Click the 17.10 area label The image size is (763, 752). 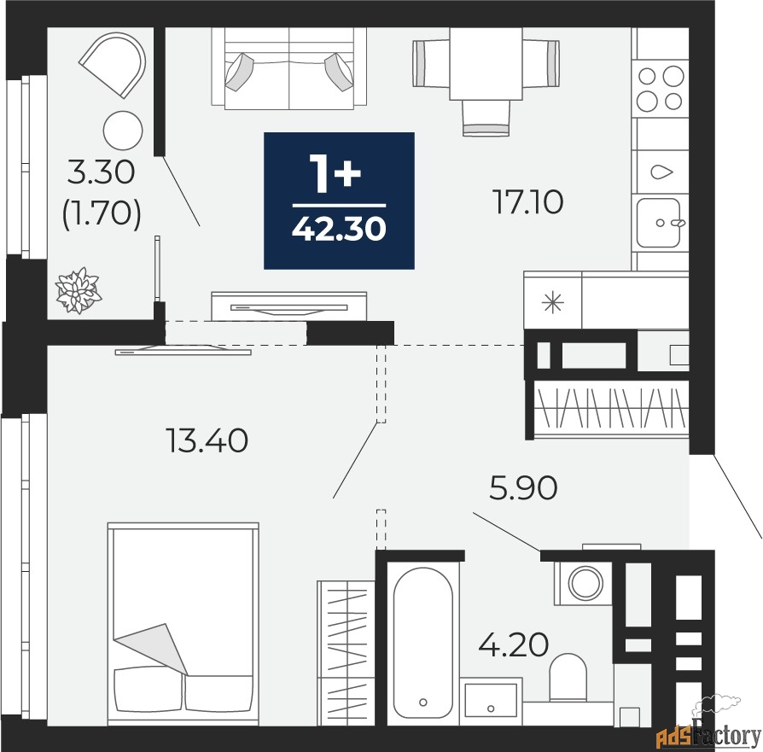point(528,202)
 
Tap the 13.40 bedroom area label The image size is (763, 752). point(207,440)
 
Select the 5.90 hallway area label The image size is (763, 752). point(523,487)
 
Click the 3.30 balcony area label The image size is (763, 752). point(101,172)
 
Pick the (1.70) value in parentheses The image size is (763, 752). point(102,214)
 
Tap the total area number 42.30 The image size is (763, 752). point(339,229)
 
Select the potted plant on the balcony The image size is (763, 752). point(79,290)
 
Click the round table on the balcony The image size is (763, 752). point(123,131)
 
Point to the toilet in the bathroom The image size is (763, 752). point(568,677)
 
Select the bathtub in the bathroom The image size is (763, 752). point(422,643)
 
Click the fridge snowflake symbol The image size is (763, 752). point(553,303)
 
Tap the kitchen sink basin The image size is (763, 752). point(658,223)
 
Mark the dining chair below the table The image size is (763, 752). point(486,117)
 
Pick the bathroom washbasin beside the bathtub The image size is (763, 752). point(491,701)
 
